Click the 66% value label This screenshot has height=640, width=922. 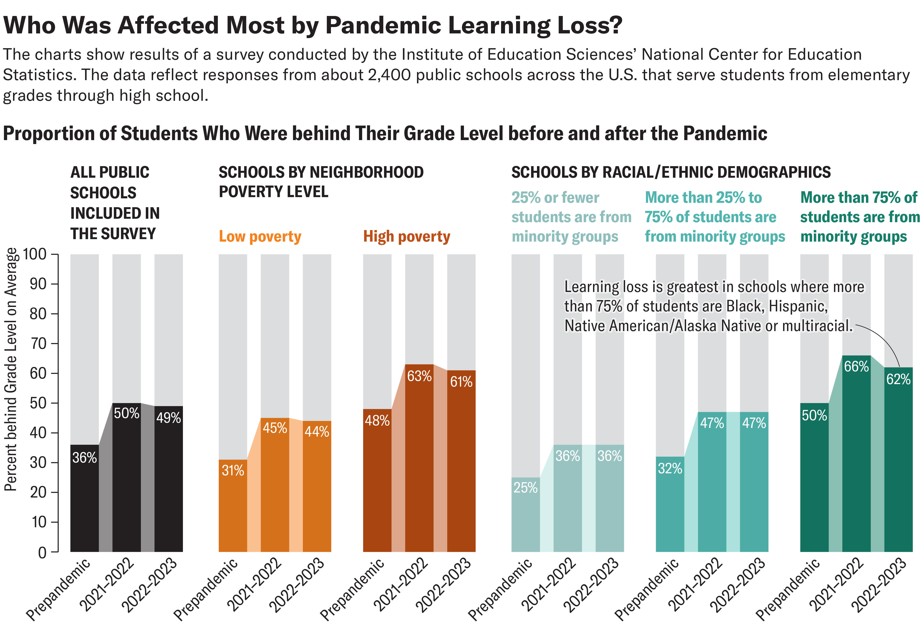(856, 366)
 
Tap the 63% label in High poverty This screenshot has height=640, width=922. (419, 376)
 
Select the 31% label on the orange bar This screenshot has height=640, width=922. (233, 470)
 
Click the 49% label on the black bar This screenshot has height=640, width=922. (168, 418)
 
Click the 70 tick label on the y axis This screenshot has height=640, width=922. (38, 343)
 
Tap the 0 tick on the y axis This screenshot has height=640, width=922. (42, 553)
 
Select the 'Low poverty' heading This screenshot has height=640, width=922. (260, 237)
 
